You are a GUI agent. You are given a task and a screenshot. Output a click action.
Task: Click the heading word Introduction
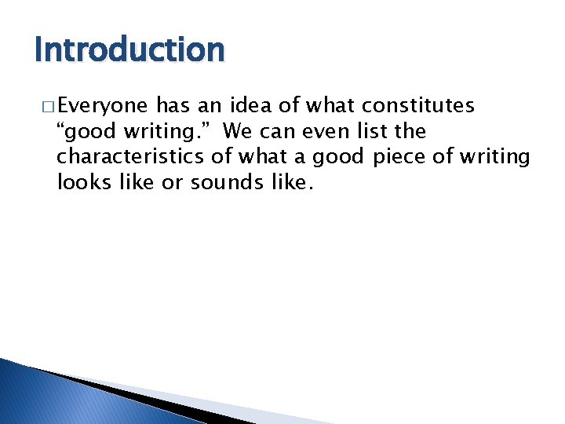pos(129,49)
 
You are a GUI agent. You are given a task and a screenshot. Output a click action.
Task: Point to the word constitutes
pos(417,105)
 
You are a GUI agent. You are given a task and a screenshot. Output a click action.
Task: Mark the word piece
pos(397,156)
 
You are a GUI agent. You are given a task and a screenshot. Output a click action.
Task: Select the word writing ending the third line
pos(495,156)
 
